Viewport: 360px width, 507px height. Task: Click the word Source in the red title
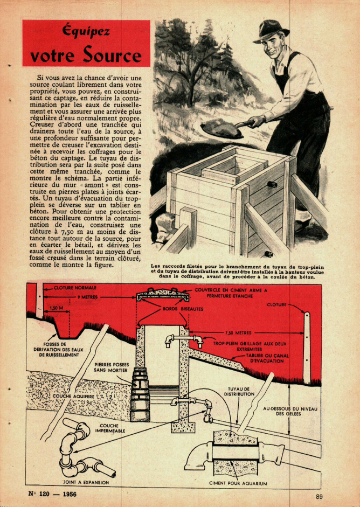pyautogui.click(x=112, y=55)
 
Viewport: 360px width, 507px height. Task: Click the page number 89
pyautogui.click(x=320, y=496)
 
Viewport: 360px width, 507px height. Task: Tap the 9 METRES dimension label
pyautogui.click(x=87, y=297)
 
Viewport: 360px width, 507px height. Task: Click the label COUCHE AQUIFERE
pyautogui.click(x=73, y=395)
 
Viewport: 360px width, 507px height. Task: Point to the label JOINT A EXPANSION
pyautogui.click(x=86, y=482)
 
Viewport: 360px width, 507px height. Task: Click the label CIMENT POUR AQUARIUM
pyautogui.click(x=238, y=483)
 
